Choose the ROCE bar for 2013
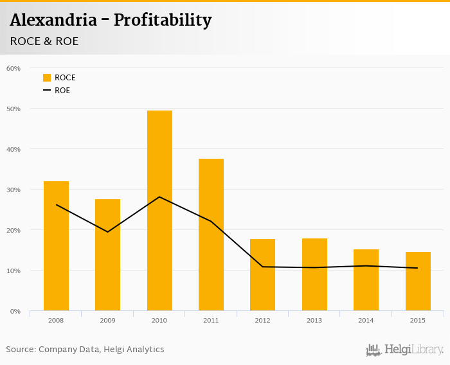314,274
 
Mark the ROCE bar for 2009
107,255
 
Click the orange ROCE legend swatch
47,78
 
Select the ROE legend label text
62,91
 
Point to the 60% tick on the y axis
14,68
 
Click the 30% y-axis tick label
14,190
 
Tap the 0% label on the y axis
15,311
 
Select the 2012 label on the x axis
262,320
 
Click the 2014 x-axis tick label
366,320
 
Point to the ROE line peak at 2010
159,197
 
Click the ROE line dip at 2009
107,231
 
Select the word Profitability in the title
163,21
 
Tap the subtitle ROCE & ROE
44,41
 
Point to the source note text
85,350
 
